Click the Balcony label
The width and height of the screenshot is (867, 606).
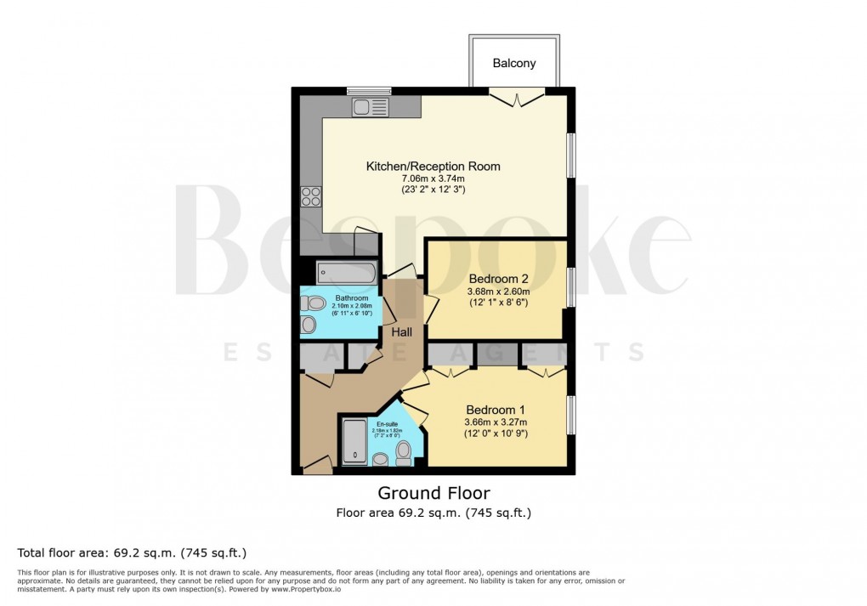pos(514,64)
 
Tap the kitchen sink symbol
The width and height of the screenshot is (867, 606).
pos(371,107)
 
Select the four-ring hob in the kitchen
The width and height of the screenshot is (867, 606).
pos(311,196)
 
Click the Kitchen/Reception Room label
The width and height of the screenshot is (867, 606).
pos(433,167)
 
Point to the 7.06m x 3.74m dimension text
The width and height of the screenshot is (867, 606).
pos(433,178)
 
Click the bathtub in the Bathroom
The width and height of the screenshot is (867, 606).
pos(346,274)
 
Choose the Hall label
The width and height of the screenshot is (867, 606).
pos(401,331)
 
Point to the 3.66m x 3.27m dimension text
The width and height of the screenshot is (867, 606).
pos(496,422)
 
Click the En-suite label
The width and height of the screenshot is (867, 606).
pos(386,423)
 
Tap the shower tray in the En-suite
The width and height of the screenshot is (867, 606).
pos(354,443)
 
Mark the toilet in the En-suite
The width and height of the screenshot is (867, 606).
pos(403,457)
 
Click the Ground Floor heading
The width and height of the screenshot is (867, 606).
pos(433,493)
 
